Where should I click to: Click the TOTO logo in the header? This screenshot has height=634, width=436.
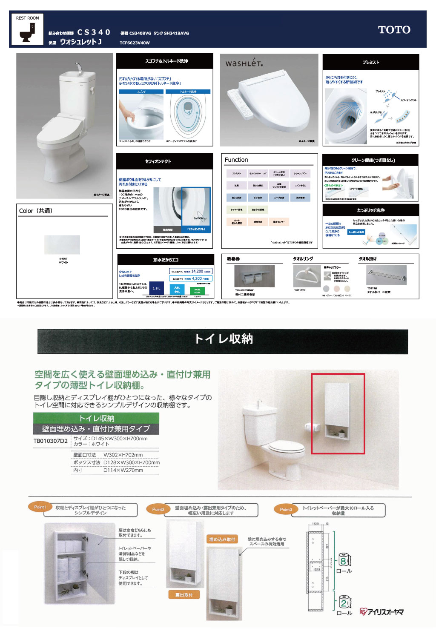point(394,30)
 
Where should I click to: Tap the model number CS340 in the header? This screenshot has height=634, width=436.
point(94,32)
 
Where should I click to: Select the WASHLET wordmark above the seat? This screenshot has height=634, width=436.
point(244,63)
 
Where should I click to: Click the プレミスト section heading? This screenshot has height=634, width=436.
point(370,62)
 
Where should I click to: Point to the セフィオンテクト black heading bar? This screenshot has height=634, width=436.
point(164,161)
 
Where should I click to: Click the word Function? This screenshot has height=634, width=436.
point(236,160)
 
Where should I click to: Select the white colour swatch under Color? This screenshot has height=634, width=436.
point(62,245)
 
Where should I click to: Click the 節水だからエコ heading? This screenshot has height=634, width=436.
point(166,259)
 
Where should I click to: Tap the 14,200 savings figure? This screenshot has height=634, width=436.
point(197,271)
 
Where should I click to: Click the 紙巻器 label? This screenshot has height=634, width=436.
point(233,258)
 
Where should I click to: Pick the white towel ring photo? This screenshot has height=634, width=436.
point(307,276)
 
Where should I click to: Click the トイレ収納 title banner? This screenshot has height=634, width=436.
point(223,339)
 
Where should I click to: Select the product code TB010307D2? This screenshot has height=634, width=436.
point(50,441)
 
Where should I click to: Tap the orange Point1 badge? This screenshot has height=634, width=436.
point(40,507)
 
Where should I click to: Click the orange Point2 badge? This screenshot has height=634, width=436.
point(158,509)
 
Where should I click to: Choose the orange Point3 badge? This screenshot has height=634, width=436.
point(286,509)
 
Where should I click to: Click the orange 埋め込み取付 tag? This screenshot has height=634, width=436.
point(222,539)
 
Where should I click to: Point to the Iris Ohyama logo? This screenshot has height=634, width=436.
point(381,612)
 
